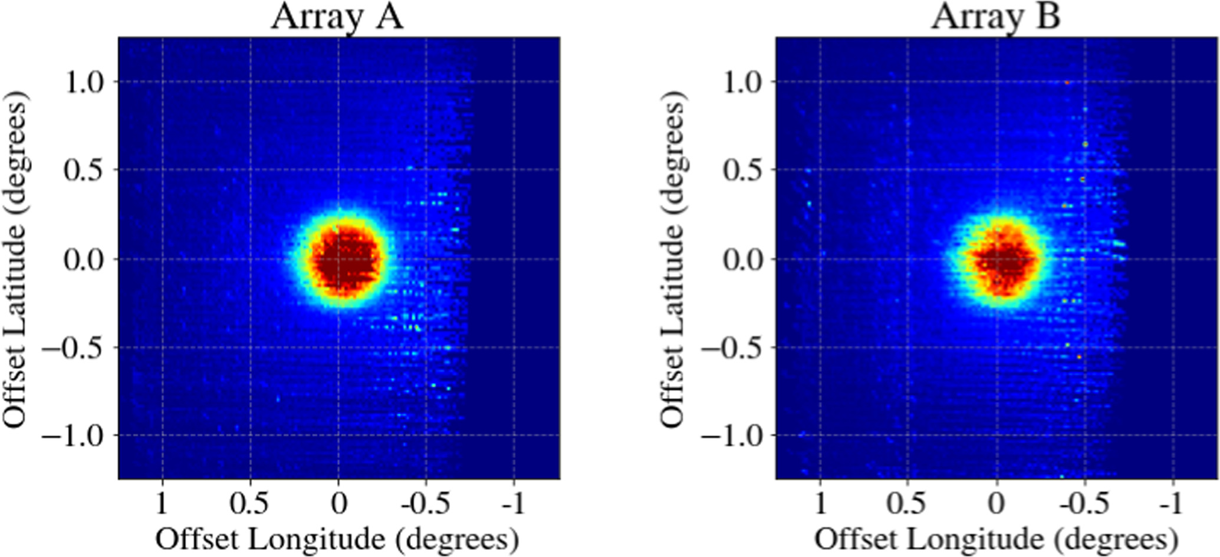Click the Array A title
click(x=337, y=17)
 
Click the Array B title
click(x=996, y=17)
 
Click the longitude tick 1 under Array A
click(x=162, y=504)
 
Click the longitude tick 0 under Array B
click(x=997, y=504)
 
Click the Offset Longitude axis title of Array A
click(x=337, y=539)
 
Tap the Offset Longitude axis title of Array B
click(x=996, y=539)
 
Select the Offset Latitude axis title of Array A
click(x=15, y=258)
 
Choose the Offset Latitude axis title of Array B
click(x=673, y=258)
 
